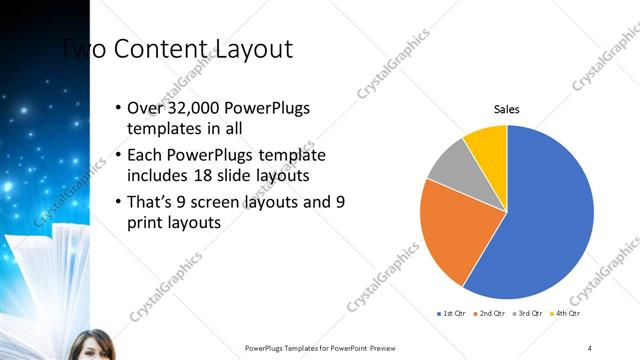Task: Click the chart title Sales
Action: click(x=507, y=110)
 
